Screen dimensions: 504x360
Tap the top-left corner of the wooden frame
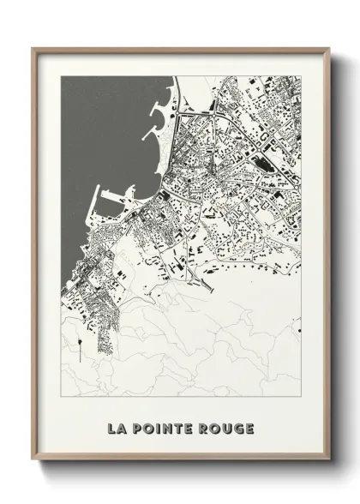coord(34,48)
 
